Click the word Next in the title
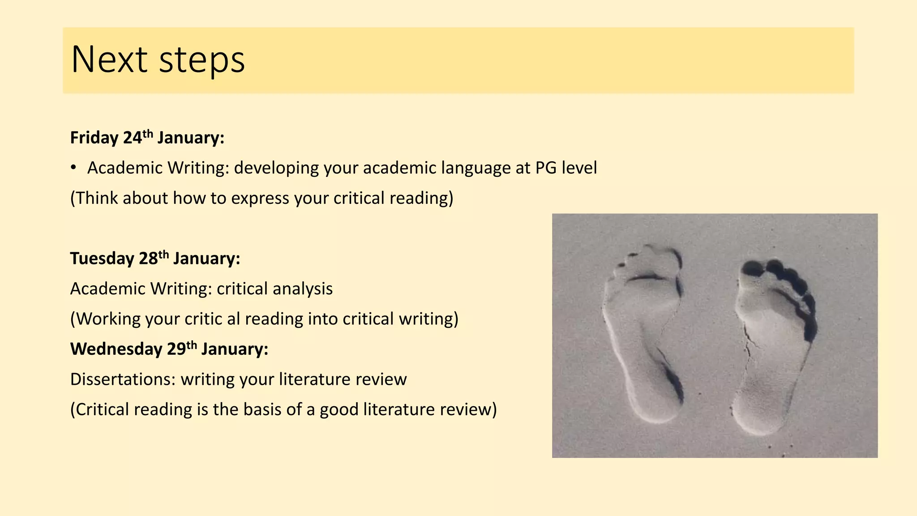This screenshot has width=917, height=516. tap(109, 60)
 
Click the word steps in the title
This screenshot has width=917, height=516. tap(202, 60)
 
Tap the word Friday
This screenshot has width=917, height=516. tap(94, 138)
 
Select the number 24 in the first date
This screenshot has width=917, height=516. tap(132, 138)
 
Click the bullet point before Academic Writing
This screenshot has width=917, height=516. tap(73, 168)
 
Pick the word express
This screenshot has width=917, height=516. tap(260, 198)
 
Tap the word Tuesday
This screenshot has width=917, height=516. tap(102, 259)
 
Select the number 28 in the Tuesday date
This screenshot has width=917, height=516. tap(148, 259)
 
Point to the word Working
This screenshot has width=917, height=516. tap(108, 319)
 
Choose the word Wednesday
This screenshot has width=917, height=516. tap(116, 349)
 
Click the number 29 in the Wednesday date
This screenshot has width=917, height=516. tap(176, 349)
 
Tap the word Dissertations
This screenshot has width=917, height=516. tap(123, 379)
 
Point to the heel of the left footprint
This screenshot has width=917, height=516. tap(656, 403)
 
